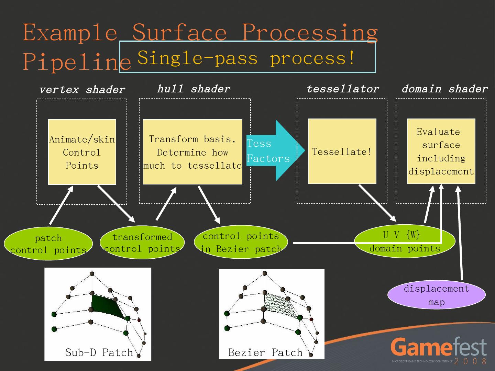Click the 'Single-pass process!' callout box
tap(247, 57)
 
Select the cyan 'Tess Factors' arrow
tap(276, 150)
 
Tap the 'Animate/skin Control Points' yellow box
tap(82, 152)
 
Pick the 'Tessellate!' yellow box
tap(342, 151)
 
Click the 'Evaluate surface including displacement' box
tap(441, 151)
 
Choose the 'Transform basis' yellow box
tap(192, 152)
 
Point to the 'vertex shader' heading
tap(82, 90)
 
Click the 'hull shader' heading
tap(194, 89)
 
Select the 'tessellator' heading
tap(343, 89)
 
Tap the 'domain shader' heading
tap(445, 89)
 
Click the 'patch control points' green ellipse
tap(48, 244)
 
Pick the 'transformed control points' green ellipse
tap(142, 243)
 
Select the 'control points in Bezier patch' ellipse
tap(241, 242)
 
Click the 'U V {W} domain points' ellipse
tap(405, 241)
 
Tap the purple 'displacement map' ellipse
tap(436, 295)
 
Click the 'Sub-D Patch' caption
tap(99, 352)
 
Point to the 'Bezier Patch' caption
tap(265, 352)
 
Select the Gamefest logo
tap(439, 350)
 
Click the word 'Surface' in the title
tap(179, 32)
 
